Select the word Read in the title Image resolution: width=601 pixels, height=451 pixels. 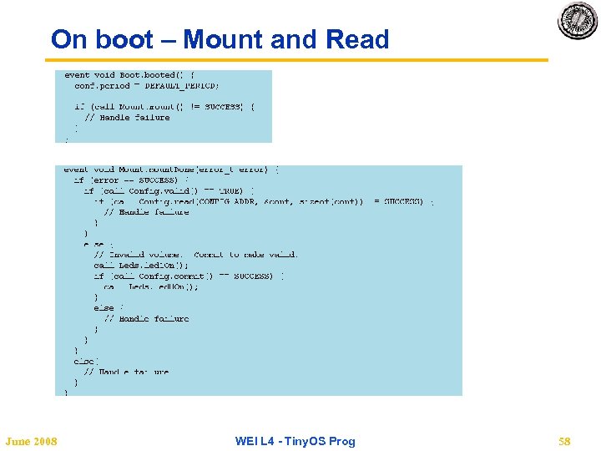pyautogui.click(x=357, y=39)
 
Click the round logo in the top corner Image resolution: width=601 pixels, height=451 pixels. pyautogui.click(x=578, y=21)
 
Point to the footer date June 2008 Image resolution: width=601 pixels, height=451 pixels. pyautogui.click(x=31, y=441)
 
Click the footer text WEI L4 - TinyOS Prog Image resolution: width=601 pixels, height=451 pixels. pyautogui.click(x=295, y=441)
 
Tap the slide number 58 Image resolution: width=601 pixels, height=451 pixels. pyautogui.click(x=564, y=441)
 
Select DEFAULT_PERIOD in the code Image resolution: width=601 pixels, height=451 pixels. pyautogui.click(x=181, y=86)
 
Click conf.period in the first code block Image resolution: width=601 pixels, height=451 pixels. pyautogui.click(x=102, y=86)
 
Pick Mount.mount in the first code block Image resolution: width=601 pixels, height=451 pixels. pyautogui.click(x=146, y=107)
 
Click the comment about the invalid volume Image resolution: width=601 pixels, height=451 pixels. pyautogui.click(x=195, y=255)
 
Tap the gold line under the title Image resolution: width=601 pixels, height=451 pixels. pyautogui.click(x=296, y=60)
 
